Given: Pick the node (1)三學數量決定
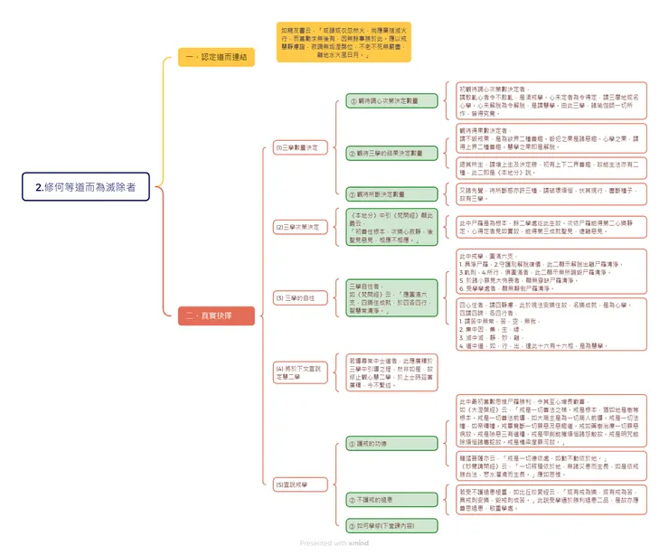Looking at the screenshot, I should [x=297, y=146].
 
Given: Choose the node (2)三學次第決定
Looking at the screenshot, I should [x=297, y=227].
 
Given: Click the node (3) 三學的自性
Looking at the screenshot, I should [x=296, y=297].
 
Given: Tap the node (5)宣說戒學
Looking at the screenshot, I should [x=296, y=484].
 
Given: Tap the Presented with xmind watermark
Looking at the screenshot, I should [x=334, y=543].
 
